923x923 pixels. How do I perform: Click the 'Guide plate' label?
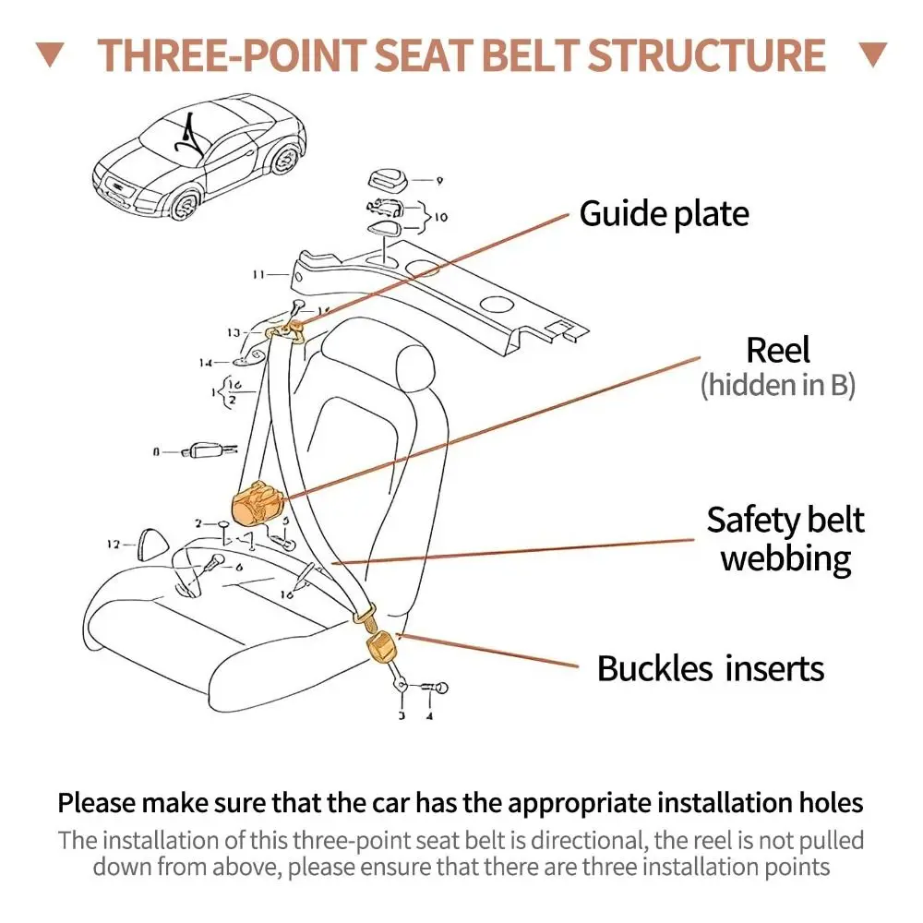click(664, 214)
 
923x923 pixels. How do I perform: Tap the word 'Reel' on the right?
click(777, 351)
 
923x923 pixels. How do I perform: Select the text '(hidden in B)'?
click(777, 385)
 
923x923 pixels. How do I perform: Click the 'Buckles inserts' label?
click(710, 668)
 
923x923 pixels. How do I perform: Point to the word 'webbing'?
click(785, 558)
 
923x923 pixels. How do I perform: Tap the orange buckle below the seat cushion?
click(379, 645)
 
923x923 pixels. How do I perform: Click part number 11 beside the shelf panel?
click(259, 274)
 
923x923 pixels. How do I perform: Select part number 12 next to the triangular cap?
click(114, 545)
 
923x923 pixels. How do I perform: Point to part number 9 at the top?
click(439, 181)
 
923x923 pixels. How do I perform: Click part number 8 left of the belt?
click(156, 452)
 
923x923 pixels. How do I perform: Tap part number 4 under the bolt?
click(428, 714)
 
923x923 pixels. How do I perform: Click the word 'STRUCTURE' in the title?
click(707, 55)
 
